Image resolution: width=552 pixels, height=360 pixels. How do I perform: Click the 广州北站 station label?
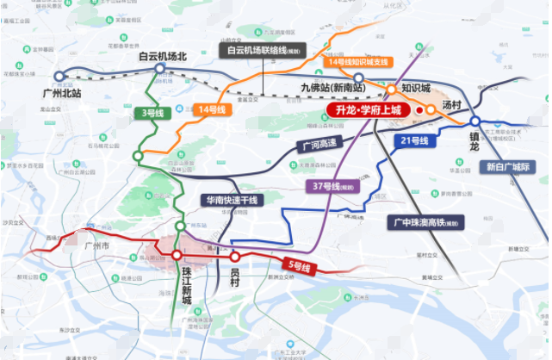point(60,92)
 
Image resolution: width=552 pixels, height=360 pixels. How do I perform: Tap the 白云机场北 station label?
point(163,57)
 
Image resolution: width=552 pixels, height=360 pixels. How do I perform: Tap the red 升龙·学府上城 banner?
point(365,111)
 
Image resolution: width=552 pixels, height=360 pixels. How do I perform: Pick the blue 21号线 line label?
point(414,140)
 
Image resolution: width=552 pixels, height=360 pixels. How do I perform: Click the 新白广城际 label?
point(507,167)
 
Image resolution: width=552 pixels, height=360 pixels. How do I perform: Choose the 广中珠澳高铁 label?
point(426,221)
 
